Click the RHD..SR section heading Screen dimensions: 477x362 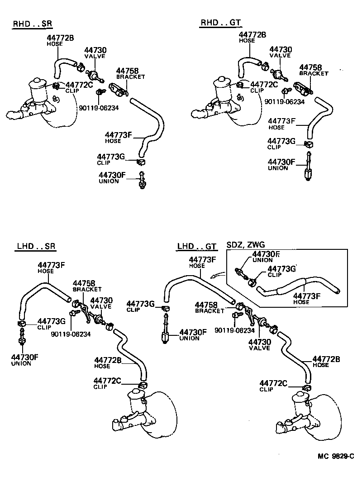pyautogui.click(x=30, y=23)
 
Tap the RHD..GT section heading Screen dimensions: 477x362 pyautogui.click(x=220, y=23)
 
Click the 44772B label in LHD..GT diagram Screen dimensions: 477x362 pyautogui.click(x=326, y=359)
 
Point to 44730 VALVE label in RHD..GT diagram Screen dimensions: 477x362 pyautogui.click(x=281, y=52)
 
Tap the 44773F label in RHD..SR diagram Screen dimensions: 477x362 pyautogui.click(x=118, y=135)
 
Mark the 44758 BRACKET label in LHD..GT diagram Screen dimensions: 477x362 pyautogui.click(x=210, y=308)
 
